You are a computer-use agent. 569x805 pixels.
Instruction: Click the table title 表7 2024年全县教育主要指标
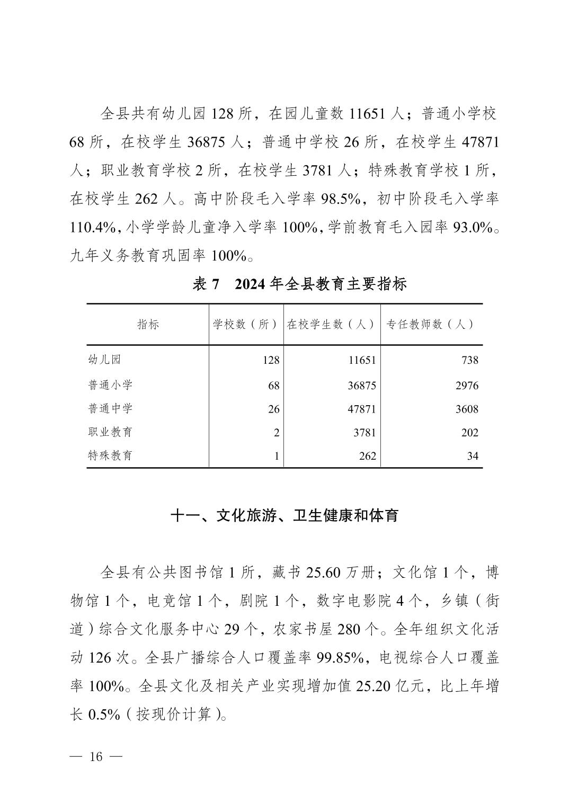tap(299, 284)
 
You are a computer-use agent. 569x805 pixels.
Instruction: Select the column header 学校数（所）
tap(246, 324)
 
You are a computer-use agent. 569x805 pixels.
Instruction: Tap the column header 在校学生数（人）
tap(332, 324)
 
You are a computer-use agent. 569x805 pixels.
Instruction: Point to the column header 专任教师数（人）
tap(430, 324)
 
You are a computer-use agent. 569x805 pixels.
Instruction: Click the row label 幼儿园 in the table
tap(104, 360)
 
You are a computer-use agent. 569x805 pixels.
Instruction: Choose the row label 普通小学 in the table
tap(110, 385)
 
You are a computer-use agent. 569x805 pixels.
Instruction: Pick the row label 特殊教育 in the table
tap(110, 455)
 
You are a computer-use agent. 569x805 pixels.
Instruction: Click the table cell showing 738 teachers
tap(469, 360)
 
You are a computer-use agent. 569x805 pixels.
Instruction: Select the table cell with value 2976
tap(466, 386)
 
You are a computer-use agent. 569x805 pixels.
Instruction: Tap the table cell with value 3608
tap(466, 409)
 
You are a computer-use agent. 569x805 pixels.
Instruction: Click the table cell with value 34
tap(473, 456)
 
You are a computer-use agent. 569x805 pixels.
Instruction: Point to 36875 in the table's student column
tap(362, 386)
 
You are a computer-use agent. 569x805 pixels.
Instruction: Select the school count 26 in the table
tap(273, 409)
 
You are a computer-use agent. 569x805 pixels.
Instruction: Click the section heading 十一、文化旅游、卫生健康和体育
tap(284, 515)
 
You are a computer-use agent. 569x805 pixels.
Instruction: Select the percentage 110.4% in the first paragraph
tap(93, 228)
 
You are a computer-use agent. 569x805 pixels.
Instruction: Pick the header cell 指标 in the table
tap(148, 324)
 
